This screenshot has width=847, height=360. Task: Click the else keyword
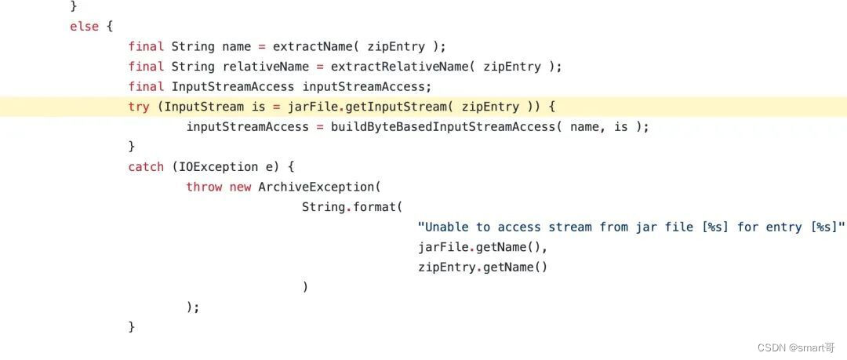(x=85, y=27)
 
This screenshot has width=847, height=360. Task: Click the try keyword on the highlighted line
(x=139, y=107)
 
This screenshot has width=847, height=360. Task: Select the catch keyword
(x=146, y=167)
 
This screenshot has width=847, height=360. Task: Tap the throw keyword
(x=204, y=187)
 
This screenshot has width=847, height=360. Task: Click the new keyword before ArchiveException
(x=240, y=187)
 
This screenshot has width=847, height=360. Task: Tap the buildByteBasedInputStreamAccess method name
(x=442, y=127)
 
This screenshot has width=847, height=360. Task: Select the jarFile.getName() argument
(x=482, y=247)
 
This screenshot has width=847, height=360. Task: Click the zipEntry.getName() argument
(x=482, y=267)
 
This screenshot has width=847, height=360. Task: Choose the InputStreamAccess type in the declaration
(x=232, y=86)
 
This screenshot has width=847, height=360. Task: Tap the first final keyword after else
(x=146, y=46)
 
